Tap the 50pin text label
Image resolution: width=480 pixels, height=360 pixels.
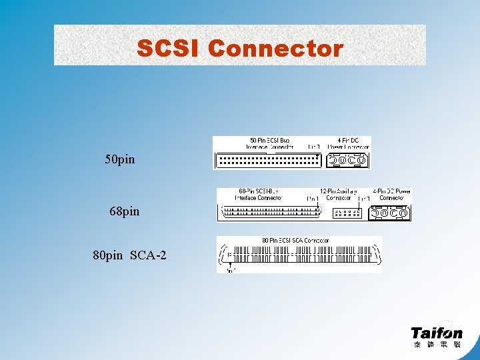tap(120, 160)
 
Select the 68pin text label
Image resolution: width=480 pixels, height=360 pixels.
tap(125, 211)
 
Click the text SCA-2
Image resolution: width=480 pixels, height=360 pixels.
tap(148, 255)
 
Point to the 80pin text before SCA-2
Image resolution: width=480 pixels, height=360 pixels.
tap(108, 255)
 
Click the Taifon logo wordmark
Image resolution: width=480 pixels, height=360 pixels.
tap(437, 331)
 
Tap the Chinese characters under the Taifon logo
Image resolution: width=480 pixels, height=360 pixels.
tap(437, 345)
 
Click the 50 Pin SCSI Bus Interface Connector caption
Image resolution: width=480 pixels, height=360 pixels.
tap(269, 143)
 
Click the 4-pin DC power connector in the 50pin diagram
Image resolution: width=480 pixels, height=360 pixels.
tap(347, 160)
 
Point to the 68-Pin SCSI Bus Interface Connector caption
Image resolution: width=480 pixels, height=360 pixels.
tap(259, 194)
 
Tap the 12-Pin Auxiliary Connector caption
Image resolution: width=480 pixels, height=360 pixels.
tap(339, 194)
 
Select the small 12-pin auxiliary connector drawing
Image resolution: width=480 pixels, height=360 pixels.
tap(346, 213)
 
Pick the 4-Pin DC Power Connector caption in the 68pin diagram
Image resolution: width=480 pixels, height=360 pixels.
tap(392, 194)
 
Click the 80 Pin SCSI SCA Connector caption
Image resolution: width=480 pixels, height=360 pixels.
tap(295, 240)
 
